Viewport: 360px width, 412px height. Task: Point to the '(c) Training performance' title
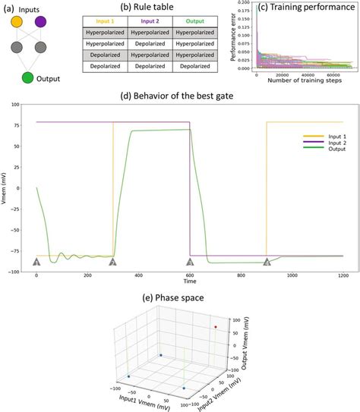click(306, 8)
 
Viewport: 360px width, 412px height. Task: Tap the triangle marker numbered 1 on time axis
click(36, 262)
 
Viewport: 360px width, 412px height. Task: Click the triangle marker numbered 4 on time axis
click(267, 262)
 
